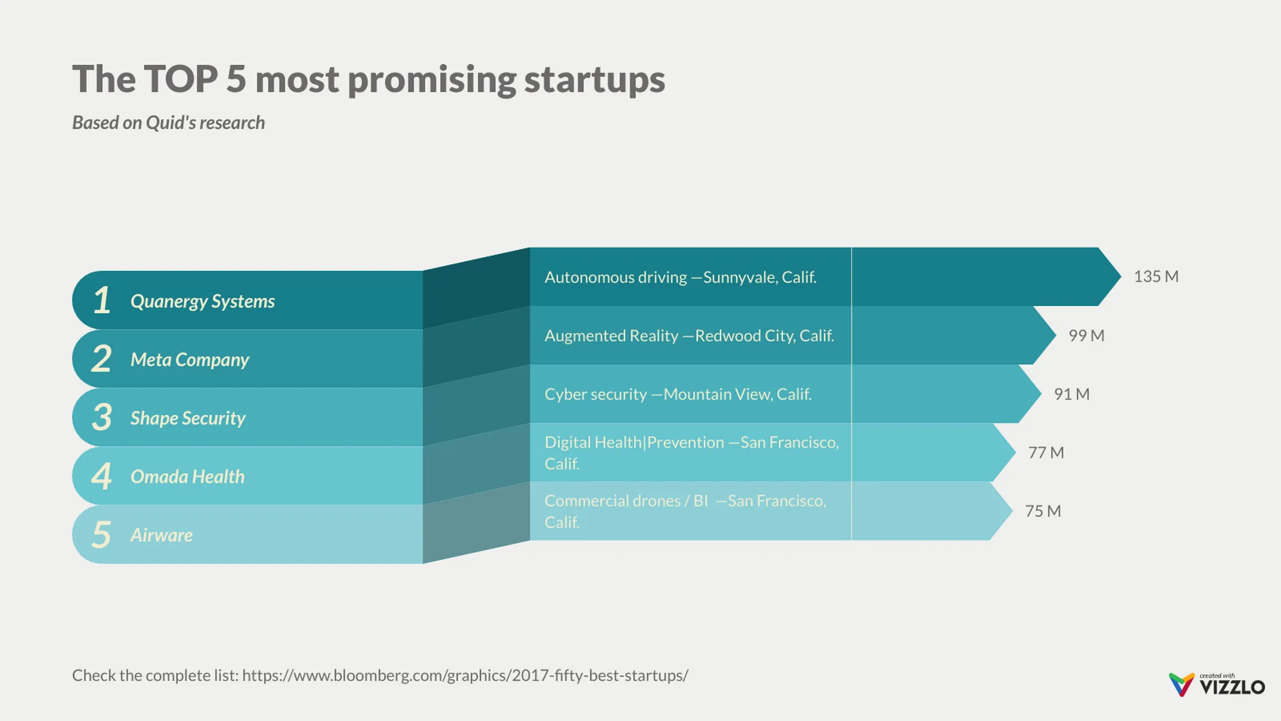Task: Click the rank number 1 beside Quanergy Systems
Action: pyautogui.click(x=102, y=300)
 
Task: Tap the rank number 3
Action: pyautogui.click(x=102, y=417)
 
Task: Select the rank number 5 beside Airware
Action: pyautogui.click(x=101, y=535)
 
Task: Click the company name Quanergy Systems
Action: pyautogui.click(x=202, y=301)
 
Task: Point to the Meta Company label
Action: pyautogui.click(x=189, y=360)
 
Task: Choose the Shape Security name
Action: pyautogui.click(x=187, y=418)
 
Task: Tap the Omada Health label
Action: pyautogui.click(x=187, y=476)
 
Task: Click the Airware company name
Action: pyautogui.click(x=162, y=535)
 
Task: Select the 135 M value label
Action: pyautogui.click(x=1155, y=276)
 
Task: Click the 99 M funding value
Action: pyautogui.click(x=1086, y=335)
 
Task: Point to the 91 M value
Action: pyautogui.click(x=1071, y=394)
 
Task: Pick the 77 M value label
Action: pyautogui.click(x=1046, y=452)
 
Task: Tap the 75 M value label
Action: pyautogui.click(x=1043, y=511)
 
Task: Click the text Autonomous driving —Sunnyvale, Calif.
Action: pyautogui.click(x=680, y=277)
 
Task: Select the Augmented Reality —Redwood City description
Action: pyautogui.click(x=689, y=335)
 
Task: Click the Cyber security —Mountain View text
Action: pyautogui.click(x=677, y=394)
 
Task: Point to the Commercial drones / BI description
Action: pyautogui.click(x=685, y=511)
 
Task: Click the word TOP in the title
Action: pyautogui.click(x=181, y=79)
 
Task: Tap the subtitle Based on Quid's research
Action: pyautogui.click(x=168, y=123)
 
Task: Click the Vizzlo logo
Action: pyautogui.click(x=1217, y=685)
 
